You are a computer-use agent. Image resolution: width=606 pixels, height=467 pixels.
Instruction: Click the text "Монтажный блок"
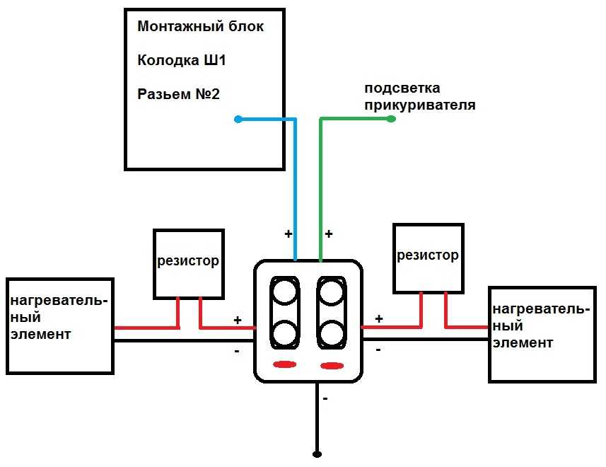pyautogui.click(x=201, y=27)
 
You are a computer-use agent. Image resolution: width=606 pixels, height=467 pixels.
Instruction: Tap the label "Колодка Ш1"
pyautogui.click(x=182, y=60)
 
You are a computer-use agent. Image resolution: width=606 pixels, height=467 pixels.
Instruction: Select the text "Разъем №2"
pyautogui.click(x=178, y=93)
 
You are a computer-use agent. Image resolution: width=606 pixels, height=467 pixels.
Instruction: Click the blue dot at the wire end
pyautogui.click(x=238, y=120)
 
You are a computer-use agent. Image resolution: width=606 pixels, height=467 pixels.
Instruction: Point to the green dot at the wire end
pyautogui.click(x=392, y=120)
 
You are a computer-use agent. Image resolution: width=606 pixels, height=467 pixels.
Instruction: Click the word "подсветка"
pyautogui.click(x=402, y=88)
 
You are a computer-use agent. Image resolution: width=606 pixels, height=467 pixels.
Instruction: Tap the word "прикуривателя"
pyautogui.click(x=419, y=105)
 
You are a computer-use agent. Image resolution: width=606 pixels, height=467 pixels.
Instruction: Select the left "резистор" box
pyautogui.click(x=189, y=263)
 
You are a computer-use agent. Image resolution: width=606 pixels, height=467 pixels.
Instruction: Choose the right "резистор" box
pyautogui.click(x=428, y=256)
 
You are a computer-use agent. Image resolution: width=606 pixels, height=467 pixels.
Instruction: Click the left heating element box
pyautogui.click(x=60, y=325)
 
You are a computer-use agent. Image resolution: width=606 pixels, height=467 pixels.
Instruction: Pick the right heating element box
pyautogui.click(x=542, y=334)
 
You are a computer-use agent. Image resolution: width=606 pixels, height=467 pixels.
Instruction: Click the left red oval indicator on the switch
pyautogui.click(x=284, y=364)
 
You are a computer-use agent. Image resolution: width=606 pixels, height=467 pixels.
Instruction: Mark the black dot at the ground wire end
pyautogui.click(x=317, y=453)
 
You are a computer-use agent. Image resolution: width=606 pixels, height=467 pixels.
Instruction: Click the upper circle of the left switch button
pyautogui.click(x=285, y=292)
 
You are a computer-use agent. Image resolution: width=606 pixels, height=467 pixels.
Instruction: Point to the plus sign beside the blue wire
pyautogui.click(x=288, y=233)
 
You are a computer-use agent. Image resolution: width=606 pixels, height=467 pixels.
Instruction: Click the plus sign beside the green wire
pyautogui.click(x=328, y=233)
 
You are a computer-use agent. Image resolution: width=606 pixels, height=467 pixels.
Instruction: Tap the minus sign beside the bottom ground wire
pyautogui.click(x=325, y=399)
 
